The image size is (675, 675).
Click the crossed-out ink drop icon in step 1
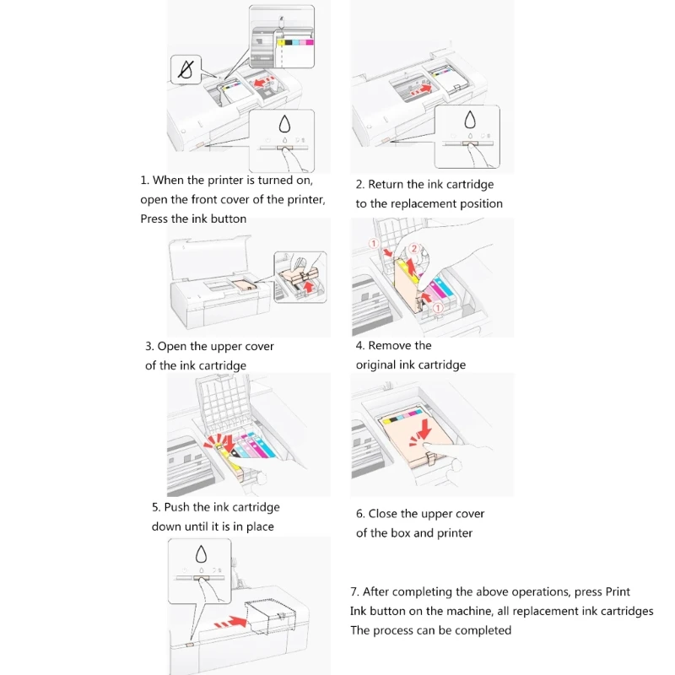click(x=186, y=70)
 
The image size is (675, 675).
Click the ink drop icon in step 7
click(x=201, y=554)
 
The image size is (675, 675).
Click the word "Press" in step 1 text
click(x=155, y=219)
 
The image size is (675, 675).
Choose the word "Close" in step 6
click(x=391, y=513)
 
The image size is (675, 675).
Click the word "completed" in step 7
click(x=484, y=630)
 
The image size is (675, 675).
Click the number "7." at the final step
click(x=355, y=591)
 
